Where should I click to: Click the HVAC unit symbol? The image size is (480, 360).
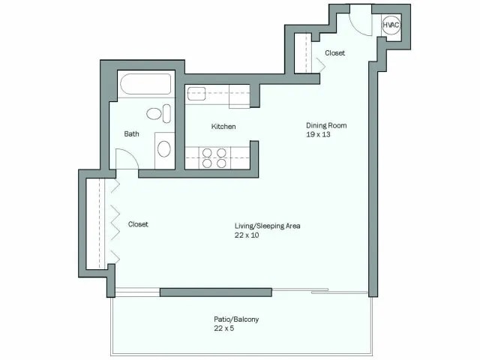391,25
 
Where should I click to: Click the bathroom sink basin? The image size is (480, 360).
164,148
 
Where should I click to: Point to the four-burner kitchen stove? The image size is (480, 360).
214,157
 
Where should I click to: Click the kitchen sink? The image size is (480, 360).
197,94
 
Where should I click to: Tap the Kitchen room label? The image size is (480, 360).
223,127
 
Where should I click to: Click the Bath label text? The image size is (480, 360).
131,134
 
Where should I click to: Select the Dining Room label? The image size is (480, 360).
325,125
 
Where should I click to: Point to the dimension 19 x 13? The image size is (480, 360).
318,135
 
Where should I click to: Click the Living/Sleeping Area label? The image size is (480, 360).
267,226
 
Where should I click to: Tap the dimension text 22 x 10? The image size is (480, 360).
246,235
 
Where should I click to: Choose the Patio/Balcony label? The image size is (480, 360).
236,319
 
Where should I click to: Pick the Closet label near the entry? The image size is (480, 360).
334,53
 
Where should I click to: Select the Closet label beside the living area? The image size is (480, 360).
138,224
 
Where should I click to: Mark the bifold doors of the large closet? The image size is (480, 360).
115,223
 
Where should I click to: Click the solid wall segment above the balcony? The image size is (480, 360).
215,292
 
